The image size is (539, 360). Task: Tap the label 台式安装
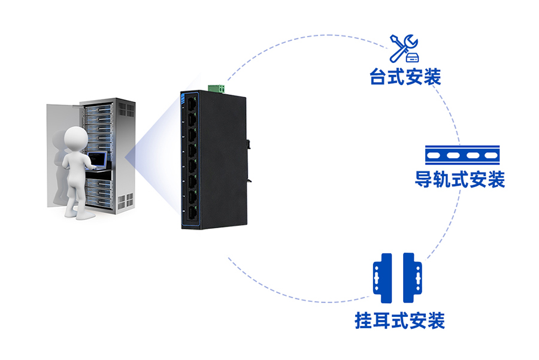[x=405, y=77]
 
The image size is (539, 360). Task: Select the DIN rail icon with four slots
[x=461, y=155]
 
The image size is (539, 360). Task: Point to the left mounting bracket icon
[x=382, y=278]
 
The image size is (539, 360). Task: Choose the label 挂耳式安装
[x=399, y=320]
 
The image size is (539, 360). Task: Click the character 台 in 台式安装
[x=379, y=77]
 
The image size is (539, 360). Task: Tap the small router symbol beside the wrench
[x=412, y=58]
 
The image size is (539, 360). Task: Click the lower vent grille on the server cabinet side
[x=126, y=201]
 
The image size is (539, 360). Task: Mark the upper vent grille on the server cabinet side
[x=126, y=109]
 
